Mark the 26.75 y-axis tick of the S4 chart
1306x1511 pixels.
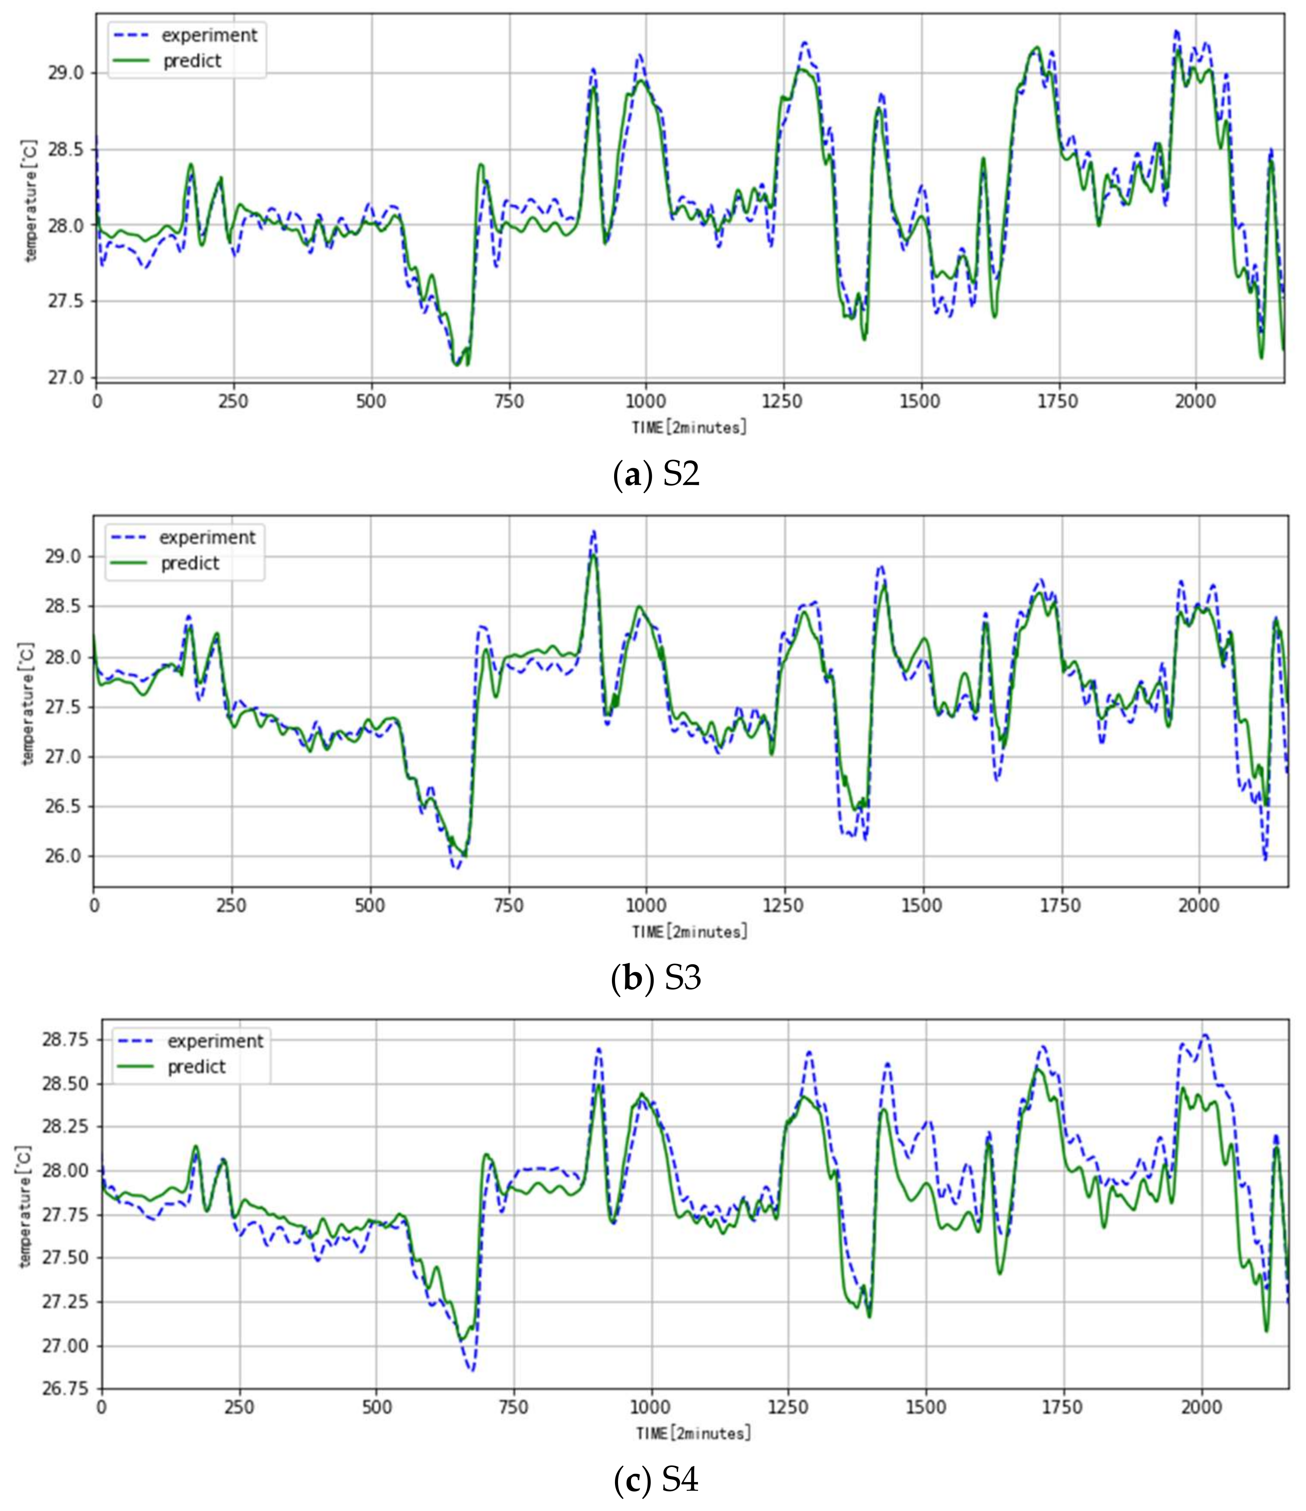(64, 1388)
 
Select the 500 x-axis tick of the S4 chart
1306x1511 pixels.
(376, 1407)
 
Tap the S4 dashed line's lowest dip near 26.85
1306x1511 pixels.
(472, 1371)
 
